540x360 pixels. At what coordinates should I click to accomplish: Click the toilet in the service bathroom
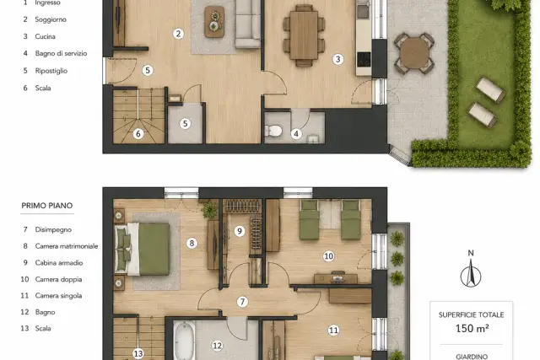[273, 131]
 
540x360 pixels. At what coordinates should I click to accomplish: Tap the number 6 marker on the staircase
[138, 133]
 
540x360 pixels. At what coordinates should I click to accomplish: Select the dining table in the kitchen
[304, 35]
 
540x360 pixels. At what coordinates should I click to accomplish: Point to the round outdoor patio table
[414, 52]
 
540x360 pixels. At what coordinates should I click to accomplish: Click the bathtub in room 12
[184, 341]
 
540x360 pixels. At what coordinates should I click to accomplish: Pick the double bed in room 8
[143, 249]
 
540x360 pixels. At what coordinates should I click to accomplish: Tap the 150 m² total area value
[472, 328]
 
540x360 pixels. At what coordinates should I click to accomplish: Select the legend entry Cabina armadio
[59, 262]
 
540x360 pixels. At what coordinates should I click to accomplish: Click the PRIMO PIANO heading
[47, 206]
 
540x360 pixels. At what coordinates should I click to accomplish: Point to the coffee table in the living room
[214, 21]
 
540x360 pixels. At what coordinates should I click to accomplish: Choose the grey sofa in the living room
[248, 24]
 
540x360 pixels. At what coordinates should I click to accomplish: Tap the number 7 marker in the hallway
[242, 302]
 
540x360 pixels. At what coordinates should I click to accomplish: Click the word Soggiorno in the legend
[51, 19]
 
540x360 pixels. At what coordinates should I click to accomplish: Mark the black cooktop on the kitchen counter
[364, 59]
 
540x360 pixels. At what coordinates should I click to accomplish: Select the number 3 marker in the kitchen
[337, 59]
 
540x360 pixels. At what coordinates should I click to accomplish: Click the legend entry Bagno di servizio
[61, 53]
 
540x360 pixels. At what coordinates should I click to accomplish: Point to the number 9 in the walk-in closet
[240, 231]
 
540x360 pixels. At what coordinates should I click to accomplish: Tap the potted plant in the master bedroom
[210, 210]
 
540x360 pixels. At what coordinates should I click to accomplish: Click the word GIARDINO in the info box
[472, 357]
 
